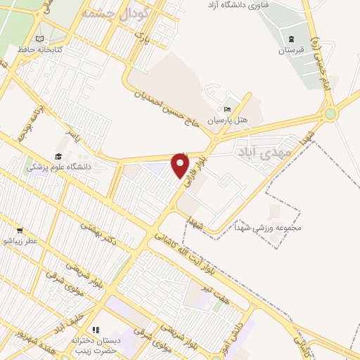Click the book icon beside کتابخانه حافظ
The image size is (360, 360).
(39, 39)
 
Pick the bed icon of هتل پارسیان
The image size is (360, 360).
(226, 109)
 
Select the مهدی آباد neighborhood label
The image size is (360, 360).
(258, 152)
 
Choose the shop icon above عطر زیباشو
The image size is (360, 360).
(19, 230)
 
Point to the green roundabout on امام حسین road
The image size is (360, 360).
(330, 113)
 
